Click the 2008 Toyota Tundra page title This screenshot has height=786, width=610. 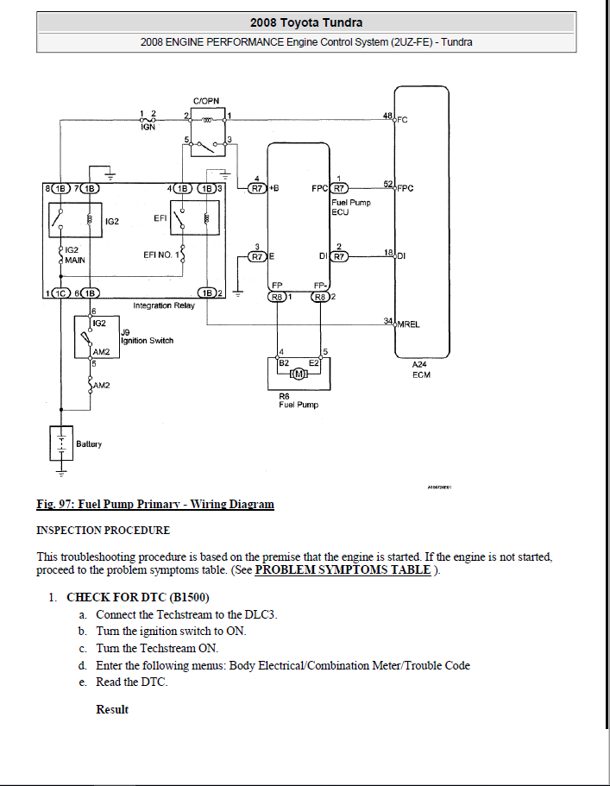pyautogui.click(x=305, y=22)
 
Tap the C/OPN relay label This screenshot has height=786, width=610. pyautogui.click(x=206, y=101)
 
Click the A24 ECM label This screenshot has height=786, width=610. pyautogui.click(x=422, y=369)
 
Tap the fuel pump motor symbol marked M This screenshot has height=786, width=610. pyautogui.click(x=299, y=373)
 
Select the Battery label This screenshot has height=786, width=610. pyautogui.click(x=89, y=443)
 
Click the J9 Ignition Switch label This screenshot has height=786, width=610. pyautogui.click(x=147, y=336)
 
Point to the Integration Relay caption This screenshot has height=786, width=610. pyautogui.click(x=164, y=305)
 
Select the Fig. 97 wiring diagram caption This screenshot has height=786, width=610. pyautogui.click(x=155, y=505)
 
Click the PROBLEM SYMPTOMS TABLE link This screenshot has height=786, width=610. pyautogui.click(x=343, y=570)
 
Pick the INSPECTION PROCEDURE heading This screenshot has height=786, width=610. pyautogui.click(x=103, y=530)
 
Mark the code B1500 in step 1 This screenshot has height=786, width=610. pyautogui.click(x=189, y=597)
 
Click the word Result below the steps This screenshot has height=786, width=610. pyautogui.click(x=112, y=709)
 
